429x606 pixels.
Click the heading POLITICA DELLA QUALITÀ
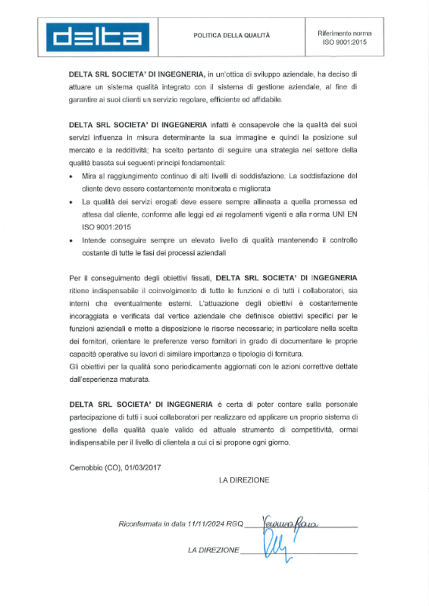click(x=232, y=35)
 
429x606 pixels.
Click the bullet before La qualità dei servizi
click(x=72, y=203)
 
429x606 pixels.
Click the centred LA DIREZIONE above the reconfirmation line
click(x=244, y=480)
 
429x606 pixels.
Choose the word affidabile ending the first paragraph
click(x=265, y=100)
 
